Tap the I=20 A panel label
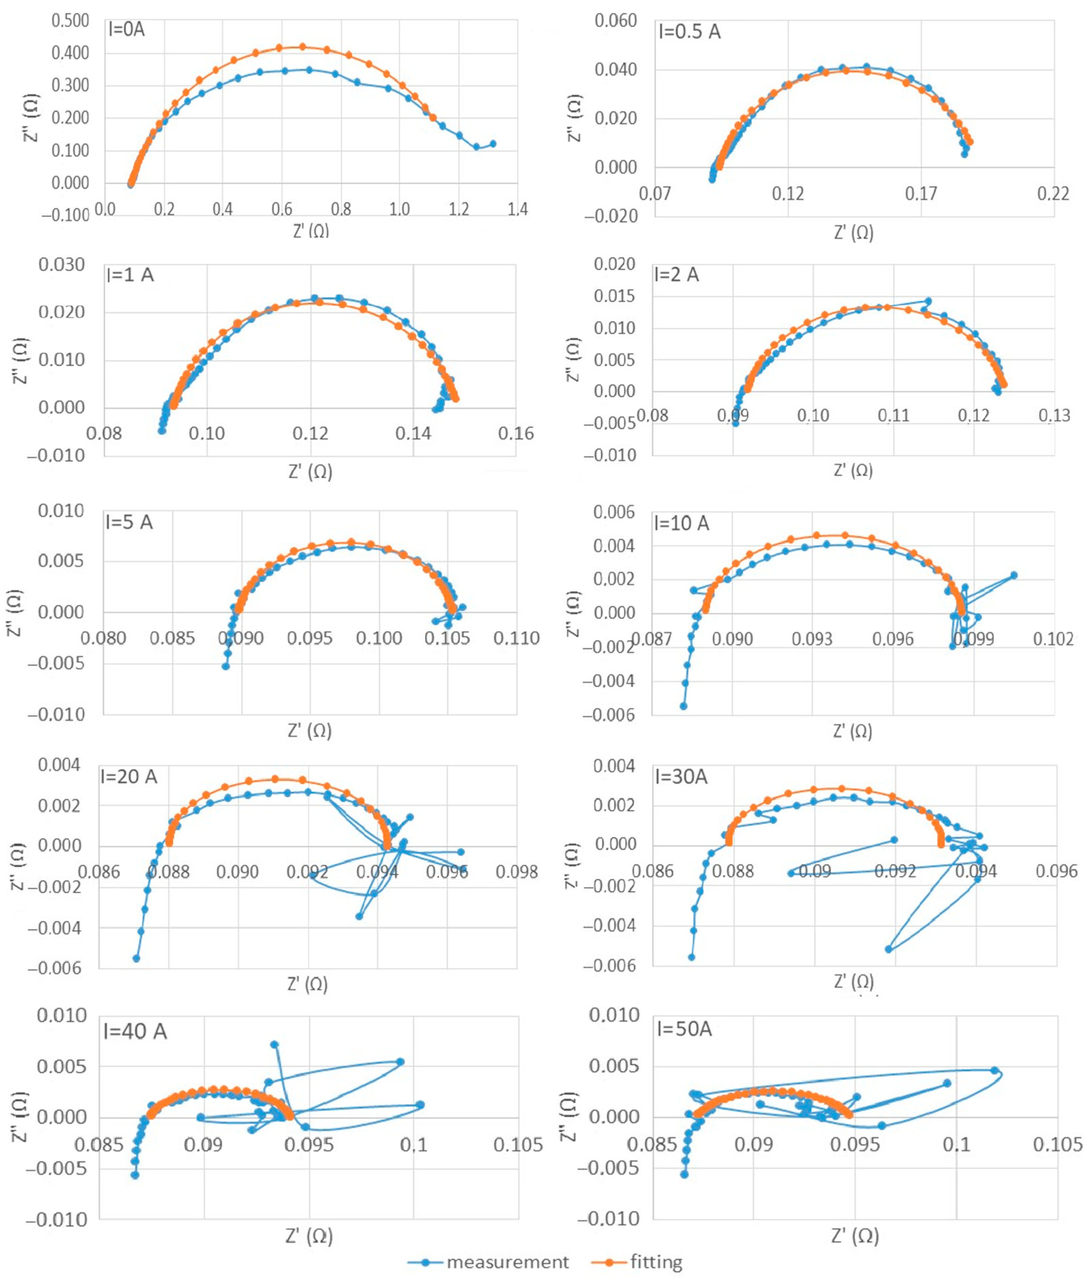[129, 776]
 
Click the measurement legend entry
[488, 1262]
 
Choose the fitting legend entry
[638, 1262]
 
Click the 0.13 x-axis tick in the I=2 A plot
[1054, 416]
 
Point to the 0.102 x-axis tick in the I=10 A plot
[1052, 638]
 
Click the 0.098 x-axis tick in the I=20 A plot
[516, 872]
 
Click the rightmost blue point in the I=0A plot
[493, 144]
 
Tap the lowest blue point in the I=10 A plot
[683, 706]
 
